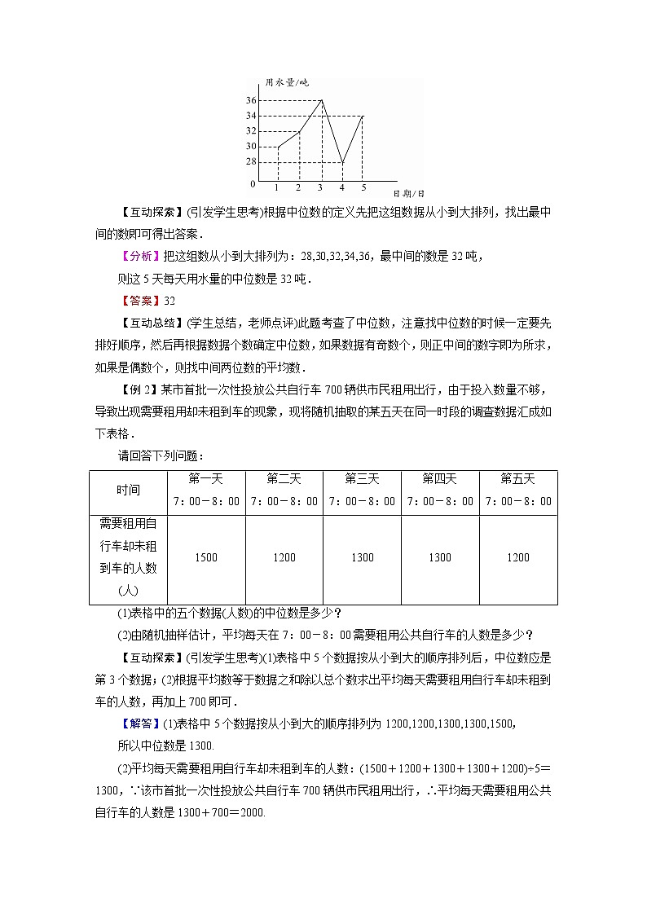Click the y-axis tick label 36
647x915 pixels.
click(x=251, y=100)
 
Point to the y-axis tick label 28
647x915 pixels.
click(x=251, y=162)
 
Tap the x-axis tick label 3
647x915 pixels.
click(x=320, y=188)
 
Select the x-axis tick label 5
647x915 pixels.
click(x=363, y=188)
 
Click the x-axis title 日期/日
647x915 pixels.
click(x=408, y=194)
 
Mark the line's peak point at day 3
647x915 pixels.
click(x=321, y=100)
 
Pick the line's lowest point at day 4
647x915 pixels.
click(x=342, y=162)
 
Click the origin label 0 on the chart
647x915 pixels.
click(x=253, y=184)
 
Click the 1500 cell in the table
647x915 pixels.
click(x=206, y=558)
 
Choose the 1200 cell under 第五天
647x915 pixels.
click(x=518, y=558)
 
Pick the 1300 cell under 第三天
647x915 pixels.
click(x=362, y=558)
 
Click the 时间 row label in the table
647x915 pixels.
click(x=128, y=490)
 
